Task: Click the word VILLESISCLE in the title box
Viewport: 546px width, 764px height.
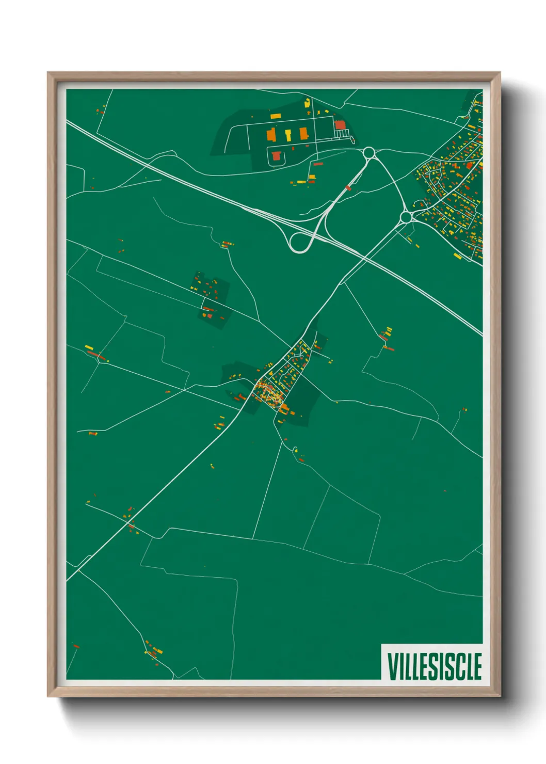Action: pos(435,666)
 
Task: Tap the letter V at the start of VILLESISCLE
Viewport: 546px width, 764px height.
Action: pos(393,666)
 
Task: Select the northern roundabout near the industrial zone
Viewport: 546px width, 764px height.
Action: pos(368,153)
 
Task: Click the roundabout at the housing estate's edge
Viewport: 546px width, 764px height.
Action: pos(406,217)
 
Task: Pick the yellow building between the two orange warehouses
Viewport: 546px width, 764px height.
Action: pos(288,135)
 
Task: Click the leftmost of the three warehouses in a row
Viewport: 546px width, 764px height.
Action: pos(271,135)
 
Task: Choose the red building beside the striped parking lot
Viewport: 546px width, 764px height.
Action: pos(340,125)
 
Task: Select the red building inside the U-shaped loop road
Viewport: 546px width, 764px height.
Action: pos(277,155)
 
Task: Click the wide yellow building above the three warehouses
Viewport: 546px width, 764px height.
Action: pos(276,116)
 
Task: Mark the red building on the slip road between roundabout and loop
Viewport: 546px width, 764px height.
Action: pos(348,188)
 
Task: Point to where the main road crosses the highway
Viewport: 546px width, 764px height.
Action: pos(364,258)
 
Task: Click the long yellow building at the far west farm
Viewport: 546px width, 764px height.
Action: pos(89,347)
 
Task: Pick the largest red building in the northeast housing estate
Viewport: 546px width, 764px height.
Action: pos(470,166)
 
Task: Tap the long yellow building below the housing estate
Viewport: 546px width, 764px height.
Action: pos(457,256)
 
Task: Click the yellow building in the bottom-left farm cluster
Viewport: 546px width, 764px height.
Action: pos(157,651)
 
